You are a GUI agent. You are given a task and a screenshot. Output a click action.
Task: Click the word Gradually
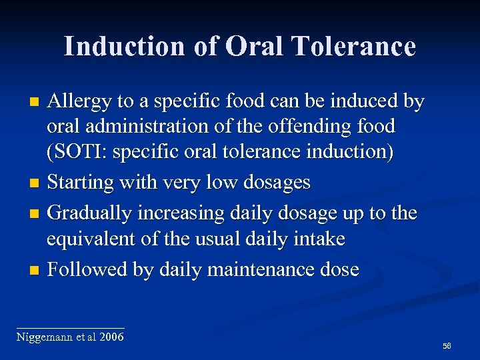[x=90, y=213]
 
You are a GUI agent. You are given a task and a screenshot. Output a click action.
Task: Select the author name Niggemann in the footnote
[x=42, y=337]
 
